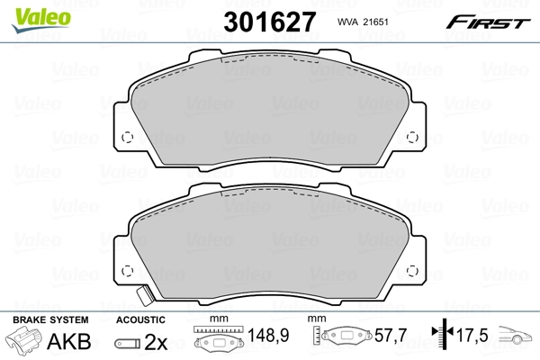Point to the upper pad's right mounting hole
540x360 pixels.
413,138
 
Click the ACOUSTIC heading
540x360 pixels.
140,320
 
